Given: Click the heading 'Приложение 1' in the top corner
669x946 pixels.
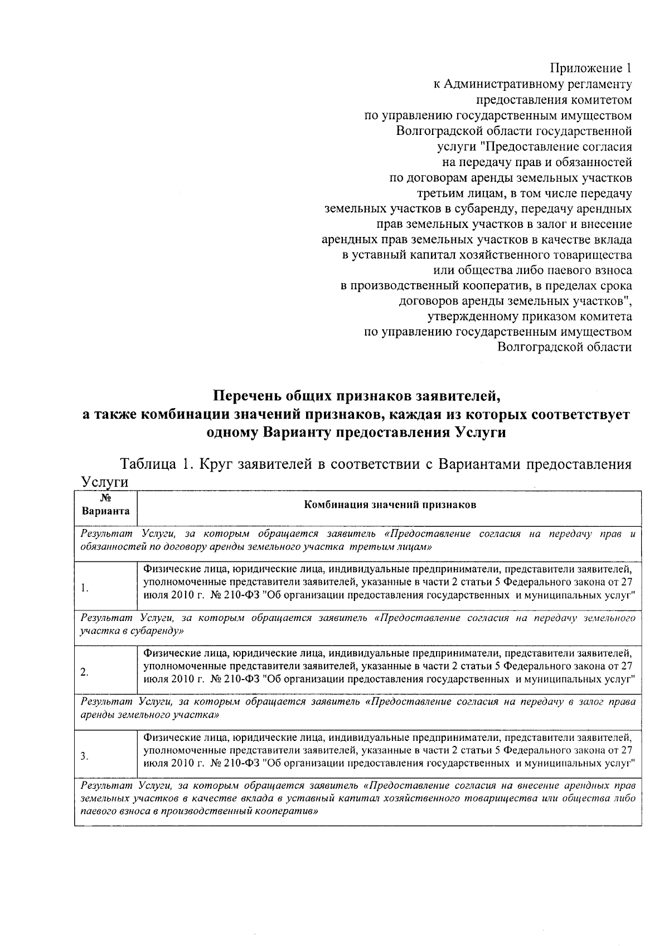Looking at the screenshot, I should coord(591,69).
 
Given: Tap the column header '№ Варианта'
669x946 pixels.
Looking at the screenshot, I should coord(105,504).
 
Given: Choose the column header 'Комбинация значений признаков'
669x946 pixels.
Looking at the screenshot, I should coord(389,505).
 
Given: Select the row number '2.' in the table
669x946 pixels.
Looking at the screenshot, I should coord(84,672).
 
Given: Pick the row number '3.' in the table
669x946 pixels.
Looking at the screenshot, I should coord(84,756).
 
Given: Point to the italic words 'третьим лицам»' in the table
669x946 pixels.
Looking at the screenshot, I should coord(391,547).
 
